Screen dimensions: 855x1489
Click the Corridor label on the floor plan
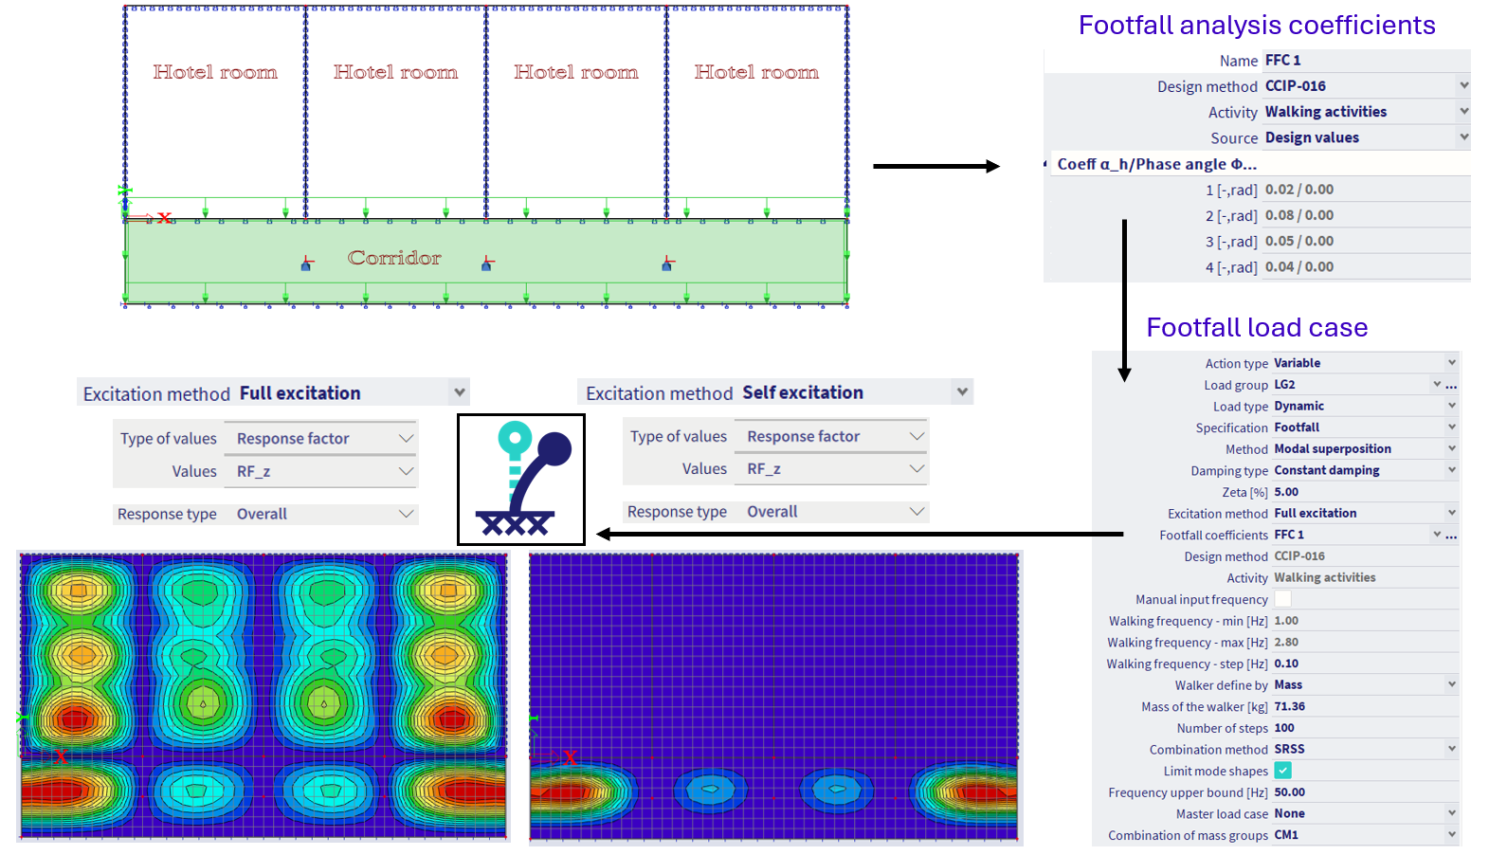point(394,258)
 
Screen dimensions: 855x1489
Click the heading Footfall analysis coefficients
point(1257,26)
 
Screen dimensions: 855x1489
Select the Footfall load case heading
point(1257,328)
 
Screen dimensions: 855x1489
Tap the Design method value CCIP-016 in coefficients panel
point(1296,86)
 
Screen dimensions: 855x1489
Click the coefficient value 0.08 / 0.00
point(1299,216)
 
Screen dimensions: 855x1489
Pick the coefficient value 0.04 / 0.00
point(1299,267)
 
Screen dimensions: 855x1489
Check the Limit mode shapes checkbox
point(1282,771)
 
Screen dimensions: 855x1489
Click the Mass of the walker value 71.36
point(1290,706)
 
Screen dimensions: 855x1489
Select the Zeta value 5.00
point(1286,492)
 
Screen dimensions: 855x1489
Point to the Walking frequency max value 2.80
point(1286,642)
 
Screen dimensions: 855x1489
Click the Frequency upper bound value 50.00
point(1290,792)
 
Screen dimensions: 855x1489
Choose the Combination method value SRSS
point(1289,749)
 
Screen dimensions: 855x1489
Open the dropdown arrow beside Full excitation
point(460,392)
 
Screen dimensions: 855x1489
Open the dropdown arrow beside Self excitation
point(962,391)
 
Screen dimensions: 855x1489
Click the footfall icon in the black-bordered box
point(521,480)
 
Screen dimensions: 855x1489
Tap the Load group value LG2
point(1284,385)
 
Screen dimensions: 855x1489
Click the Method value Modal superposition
point(1333,449)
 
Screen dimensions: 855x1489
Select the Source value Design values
point(1312,138)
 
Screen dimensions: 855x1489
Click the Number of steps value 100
point(1284,728)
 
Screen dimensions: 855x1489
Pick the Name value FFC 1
point(1283,61)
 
